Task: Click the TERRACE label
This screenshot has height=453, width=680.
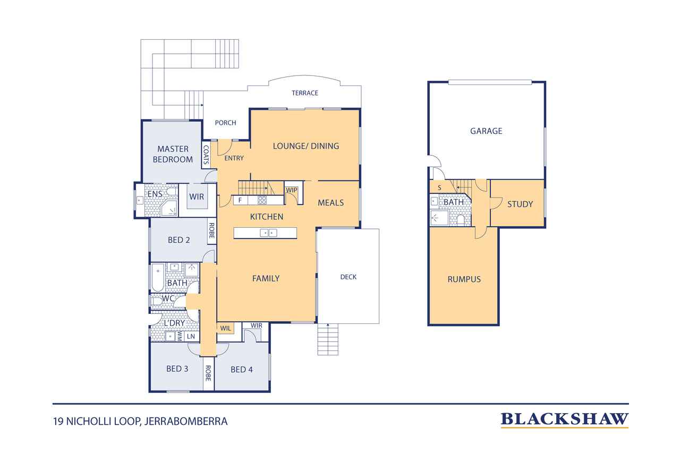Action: coord(305,93)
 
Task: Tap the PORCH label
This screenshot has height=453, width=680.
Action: coord(225,123)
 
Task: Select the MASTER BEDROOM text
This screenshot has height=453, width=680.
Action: coord(173,154)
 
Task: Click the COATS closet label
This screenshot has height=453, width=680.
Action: coord(206,155)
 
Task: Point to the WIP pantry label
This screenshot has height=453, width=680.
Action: coord(292,190)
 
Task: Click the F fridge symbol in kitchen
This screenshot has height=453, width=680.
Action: coord(240,200)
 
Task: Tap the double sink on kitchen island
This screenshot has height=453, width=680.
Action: coord(269,233)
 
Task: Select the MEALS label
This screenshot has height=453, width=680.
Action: coord(330,203)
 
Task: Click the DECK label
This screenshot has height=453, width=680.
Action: coord(348,277)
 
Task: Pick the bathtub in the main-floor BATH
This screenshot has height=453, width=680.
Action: coord(158,277)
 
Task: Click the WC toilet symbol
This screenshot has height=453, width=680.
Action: coord(157,301)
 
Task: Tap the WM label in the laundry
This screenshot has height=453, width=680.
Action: coord(180,336)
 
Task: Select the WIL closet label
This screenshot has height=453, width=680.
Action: coord(226,328)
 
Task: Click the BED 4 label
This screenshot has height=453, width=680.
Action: coord(242,370)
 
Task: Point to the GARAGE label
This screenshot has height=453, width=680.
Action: coord(486,131)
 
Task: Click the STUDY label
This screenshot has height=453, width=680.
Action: coord(520,204)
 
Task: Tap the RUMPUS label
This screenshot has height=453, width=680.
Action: coord(464,279)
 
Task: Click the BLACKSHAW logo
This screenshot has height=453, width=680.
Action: coord(564,420)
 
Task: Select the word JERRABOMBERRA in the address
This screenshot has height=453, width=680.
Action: coord(186,422)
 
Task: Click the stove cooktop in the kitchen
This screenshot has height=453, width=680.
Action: coord(262,200)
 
